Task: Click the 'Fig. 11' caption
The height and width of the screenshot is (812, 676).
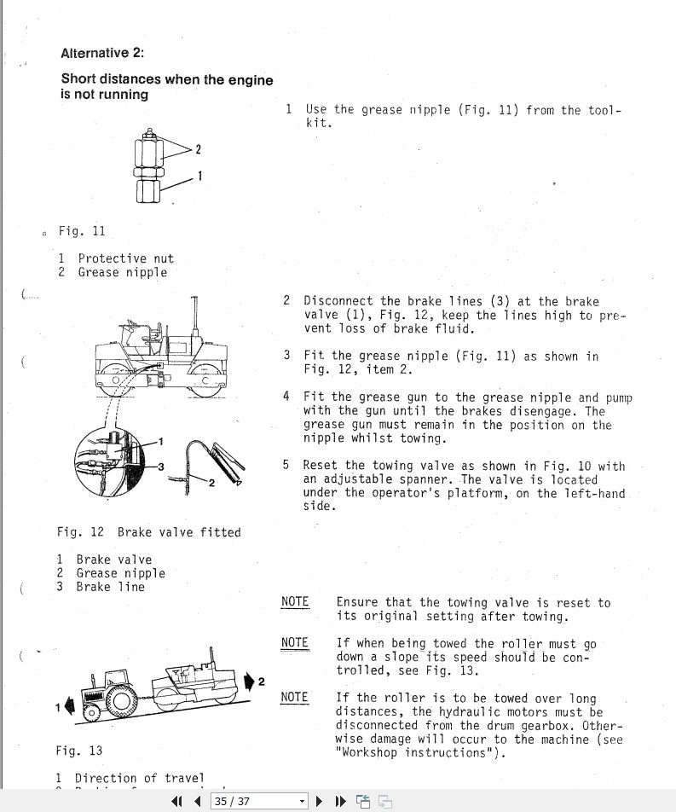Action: tap(82, 231)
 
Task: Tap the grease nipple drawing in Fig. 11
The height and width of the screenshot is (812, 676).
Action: tap(149, 167)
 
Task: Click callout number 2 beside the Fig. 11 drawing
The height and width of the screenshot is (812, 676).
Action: tap(199, 150)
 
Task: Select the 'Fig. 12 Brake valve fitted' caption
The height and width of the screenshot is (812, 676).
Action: tap(148, 532)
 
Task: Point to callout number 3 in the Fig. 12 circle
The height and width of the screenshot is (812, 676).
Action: tap(160, 467)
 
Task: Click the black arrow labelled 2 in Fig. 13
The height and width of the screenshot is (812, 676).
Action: tap(249, 681)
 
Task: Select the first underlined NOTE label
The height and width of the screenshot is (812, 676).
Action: tap(295, 602)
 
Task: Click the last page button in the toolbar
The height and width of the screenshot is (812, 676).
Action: tap(340, 801)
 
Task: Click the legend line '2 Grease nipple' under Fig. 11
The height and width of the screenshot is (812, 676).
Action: tap(113, 273)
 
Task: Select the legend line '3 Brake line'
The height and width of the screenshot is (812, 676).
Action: tap(101, 587)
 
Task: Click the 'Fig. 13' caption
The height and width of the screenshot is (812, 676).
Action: tap(79, 751)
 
